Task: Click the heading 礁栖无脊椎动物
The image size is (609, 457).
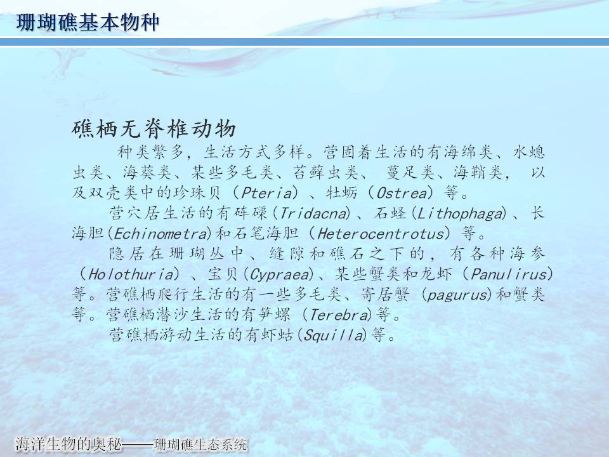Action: pyautogui.click(x=154, y=129)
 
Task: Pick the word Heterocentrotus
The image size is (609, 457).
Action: pyautogui.click(x=381, y=234)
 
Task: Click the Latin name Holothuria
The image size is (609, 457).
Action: pyautogui.click(x=131, y=275)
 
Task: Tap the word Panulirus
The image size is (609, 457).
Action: pyautogui.click(x=509, y=275)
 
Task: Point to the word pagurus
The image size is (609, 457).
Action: pyautogui.click(x=457, y=295)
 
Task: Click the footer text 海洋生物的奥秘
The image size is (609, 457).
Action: pyautogui.click(x=69, y=444)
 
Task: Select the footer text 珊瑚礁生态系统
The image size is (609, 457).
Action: pyautogui.click(x=200, y=444)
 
